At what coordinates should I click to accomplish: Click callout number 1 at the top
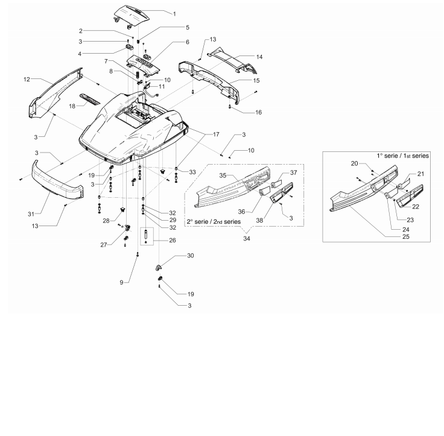click(x=174, y=14)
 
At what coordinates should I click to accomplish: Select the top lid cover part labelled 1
click(x=132, y=16)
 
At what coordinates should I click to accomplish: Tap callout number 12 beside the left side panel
click(x=27, y=79)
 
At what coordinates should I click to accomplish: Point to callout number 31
click(x=31, y=214)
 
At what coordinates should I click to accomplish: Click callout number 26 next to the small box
click(x=173, y=241)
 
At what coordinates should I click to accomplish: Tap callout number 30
click(x=191, y=256)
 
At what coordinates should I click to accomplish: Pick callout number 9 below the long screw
click(x=121, y=283)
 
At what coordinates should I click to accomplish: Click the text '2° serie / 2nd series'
click(x=214, y=222)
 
